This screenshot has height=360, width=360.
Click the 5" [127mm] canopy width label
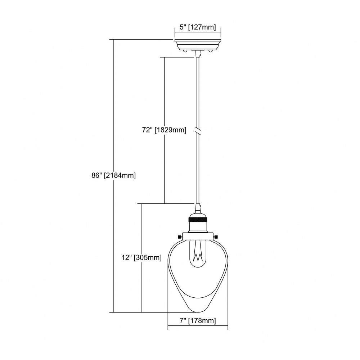pyautogui.click(x=198, y=27)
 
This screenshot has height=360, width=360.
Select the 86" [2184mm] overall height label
pyautogui.click(x=114, y=176)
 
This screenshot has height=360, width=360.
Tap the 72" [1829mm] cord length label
pyautogui.click(x=164, y=130)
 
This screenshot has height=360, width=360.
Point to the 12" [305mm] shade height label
pyautogui.click(x=141, y=258)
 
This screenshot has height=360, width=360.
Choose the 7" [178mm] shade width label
pyautogui.click(x=198, y=320)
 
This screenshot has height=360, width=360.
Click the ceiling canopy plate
pyautogui.click(x=198, y=45)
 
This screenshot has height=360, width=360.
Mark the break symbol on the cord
pyautogui.click(x=198, y=130)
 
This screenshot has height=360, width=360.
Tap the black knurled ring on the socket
pyautogui.click(x=198, y=220)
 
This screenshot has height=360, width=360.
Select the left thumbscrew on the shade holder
pyautogui.click(x=179, y=237)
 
